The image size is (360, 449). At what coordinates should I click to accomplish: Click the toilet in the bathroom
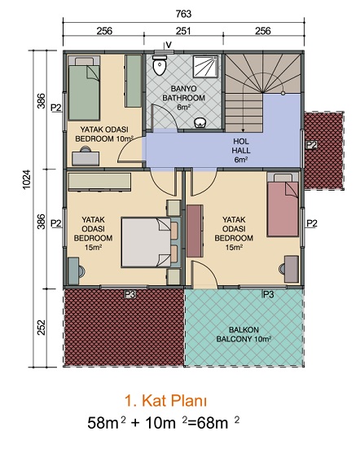coord(160,65)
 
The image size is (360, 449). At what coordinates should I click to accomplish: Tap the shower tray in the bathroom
coord(205,67)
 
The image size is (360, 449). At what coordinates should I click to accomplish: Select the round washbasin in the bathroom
coord(200,123)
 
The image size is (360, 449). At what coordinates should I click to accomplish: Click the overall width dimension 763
coord(183,14)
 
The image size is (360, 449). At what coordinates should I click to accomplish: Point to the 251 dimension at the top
coord(183,31)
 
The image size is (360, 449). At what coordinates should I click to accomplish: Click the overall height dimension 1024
coord(26,179)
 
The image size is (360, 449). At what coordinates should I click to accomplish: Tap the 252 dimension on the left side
coord(42,328)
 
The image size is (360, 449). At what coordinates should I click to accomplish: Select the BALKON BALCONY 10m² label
coord(244,334)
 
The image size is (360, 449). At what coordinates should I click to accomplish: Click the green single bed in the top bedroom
coord(84,88)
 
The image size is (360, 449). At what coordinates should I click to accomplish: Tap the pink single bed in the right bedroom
coord(283,205)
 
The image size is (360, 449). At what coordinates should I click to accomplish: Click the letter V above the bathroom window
coord(169,45)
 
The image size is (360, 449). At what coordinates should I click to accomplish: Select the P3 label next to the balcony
coord(269,294)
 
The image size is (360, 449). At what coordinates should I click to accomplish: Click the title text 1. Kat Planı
coord(165,401)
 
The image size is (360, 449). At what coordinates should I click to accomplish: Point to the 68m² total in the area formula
coord(217,422)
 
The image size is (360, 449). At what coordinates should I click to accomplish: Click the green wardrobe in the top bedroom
coord(133,81)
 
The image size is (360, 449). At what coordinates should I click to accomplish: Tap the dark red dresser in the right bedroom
coord(195,231)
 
